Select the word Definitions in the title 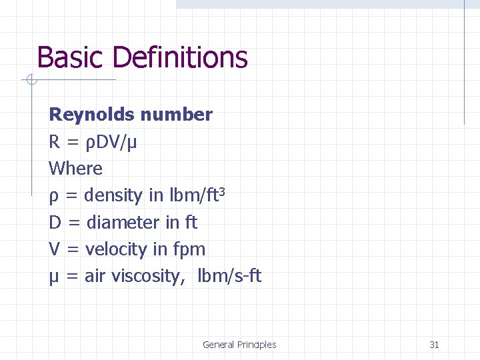[x=180, y=58]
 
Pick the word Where [x=75, y=169]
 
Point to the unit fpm [x=189, y=250]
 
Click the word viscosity [x=145, y=276]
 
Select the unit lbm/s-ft [x=229, y=275]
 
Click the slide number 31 [x=434, y=345]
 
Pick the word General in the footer [x=218, y=345]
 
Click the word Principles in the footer [x=257, y=345]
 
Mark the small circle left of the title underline [x=31, y=81]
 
